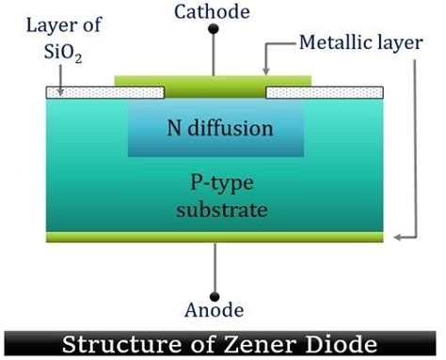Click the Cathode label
pos(215,11)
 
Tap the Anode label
pos(215,310)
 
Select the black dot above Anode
pos(215,291)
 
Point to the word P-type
pos(215,185)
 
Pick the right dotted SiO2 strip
pos(326,92)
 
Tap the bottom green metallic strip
pos(215,237)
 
